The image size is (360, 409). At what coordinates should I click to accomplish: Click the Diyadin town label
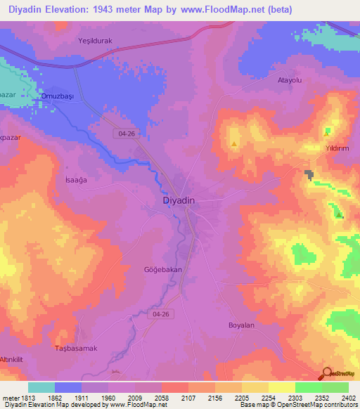(174, 200)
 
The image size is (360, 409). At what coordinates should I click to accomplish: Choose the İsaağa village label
(75, 180)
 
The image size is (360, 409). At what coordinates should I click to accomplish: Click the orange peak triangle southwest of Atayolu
(233, 144)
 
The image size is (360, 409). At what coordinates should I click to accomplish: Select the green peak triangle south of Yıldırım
(339, 215)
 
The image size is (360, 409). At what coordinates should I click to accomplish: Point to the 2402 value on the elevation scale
(348, 398)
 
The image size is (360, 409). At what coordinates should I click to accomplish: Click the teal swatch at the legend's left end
(41, 387)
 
